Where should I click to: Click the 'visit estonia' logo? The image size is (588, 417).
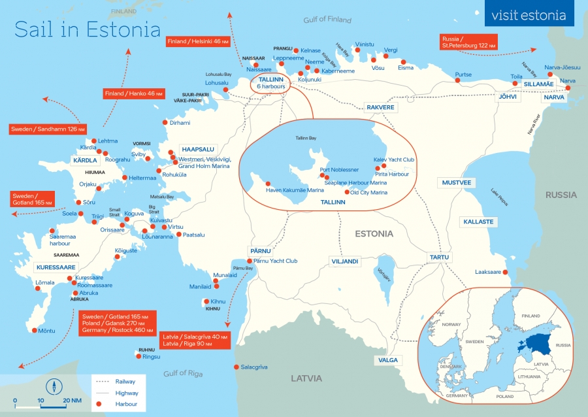coord(529,15)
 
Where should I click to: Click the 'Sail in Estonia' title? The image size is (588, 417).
coord(87,30)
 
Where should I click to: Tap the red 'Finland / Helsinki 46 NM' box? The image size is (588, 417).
coord(198,41)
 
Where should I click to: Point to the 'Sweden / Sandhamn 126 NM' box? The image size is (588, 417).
coord(47,129)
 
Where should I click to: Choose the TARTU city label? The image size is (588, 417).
coord(439,257)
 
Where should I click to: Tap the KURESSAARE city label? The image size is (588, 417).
coord(56,267)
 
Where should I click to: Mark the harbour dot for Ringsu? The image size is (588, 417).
coord(138,357)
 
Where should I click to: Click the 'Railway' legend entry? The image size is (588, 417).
coord(125,381)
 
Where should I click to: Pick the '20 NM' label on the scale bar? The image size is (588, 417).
coord(72,400)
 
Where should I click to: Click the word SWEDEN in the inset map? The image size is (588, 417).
coord(474,342)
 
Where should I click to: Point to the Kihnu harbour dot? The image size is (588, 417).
coord(205,302)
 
